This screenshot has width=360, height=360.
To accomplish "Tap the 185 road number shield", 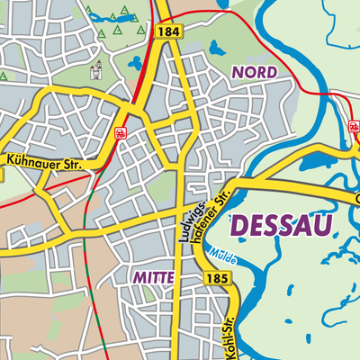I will [x=216, y=280].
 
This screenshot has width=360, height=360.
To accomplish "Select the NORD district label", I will [x=256, y=71].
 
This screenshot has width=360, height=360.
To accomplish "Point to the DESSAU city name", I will [x=281, y=225].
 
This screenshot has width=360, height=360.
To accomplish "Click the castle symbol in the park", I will [x=96, y=70].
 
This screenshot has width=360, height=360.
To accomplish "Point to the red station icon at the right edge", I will [x=353, y=129].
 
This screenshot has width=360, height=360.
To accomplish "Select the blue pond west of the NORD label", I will [x=216, y=47].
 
